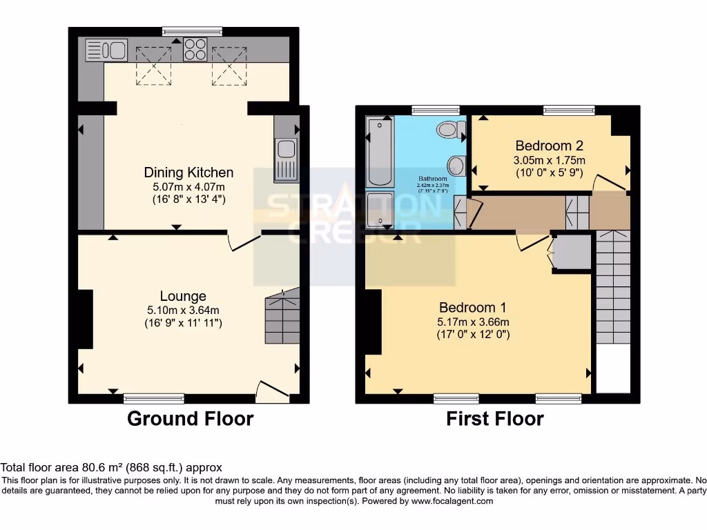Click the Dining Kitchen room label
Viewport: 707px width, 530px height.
coord(188,173)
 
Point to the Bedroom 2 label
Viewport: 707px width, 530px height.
coord(550,146)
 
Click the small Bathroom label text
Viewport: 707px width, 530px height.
coord(432,178)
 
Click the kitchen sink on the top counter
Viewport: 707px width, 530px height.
coord(106,50)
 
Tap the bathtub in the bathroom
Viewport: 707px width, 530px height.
coord(380,152)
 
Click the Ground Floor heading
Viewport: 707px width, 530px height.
coord(190,418)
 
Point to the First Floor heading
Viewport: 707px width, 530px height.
coord(495,418)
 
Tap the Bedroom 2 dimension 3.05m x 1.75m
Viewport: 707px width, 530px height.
coord(550,159)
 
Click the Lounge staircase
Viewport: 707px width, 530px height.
coord(282,317)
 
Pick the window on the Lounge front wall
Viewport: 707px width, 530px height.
coord(154,398)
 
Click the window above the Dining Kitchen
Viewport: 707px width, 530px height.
coord(193,30)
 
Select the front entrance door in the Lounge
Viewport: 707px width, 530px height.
coord(272,391)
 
